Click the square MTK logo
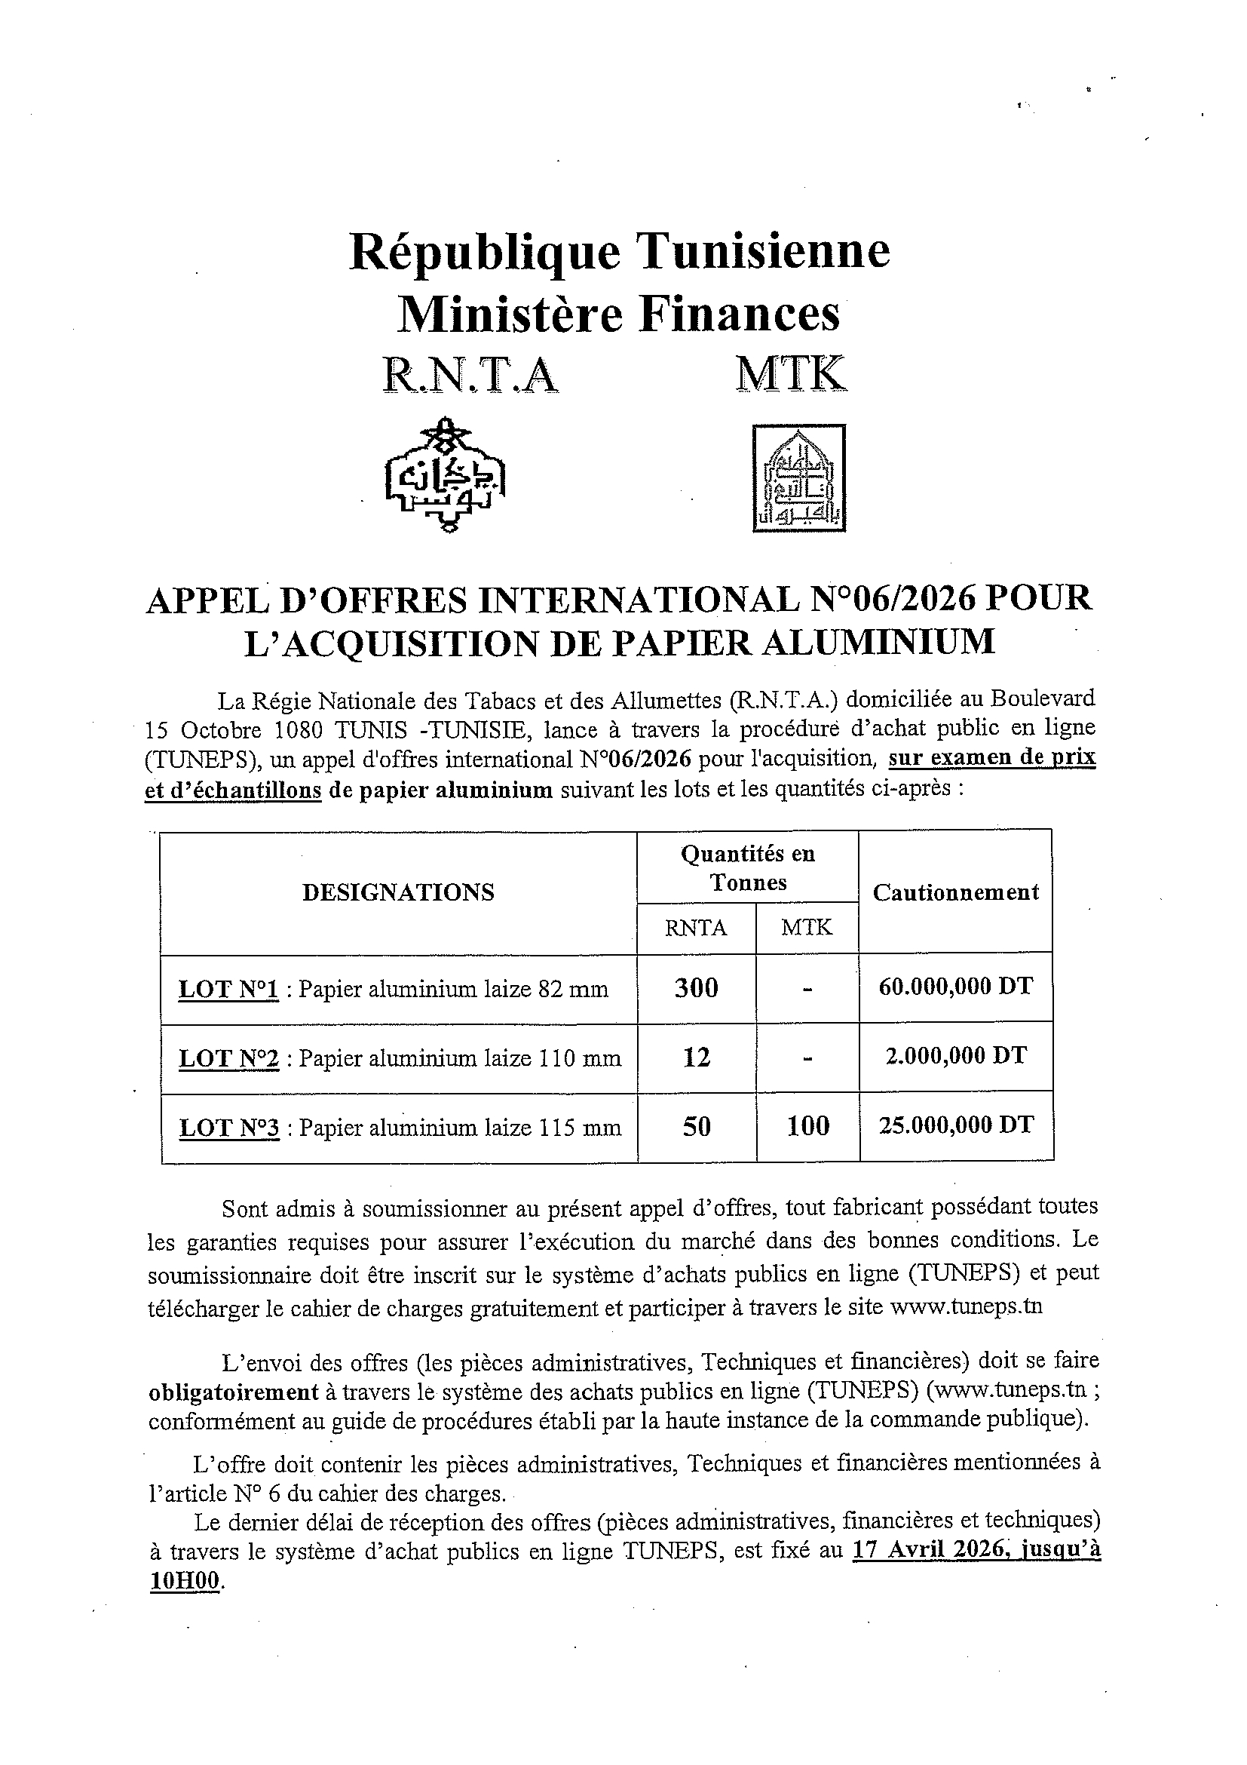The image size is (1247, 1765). coord(798,478)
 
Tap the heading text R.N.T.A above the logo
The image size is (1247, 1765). coord(470,376)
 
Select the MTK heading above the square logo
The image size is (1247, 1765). coord(791,375)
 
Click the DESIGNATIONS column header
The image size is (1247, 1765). coord(398,892)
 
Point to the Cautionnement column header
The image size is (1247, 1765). coord(955,892)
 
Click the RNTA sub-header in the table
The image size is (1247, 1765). coord(696,928)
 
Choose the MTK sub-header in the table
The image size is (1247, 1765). coord(807,928)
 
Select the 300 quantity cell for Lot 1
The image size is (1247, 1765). coord(696,988)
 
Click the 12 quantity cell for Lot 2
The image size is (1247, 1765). coord(696,1057)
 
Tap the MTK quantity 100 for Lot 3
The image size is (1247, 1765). coord(807,1126)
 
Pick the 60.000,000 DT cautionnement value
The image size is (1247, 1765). coord(956,987)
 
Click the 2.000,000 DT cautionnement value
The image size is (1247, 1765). coord(956,1055)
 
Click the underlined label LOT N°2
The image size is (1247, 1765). coord(229,1059)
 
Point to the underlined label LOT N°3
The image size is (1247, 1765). coord(229,1128)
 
